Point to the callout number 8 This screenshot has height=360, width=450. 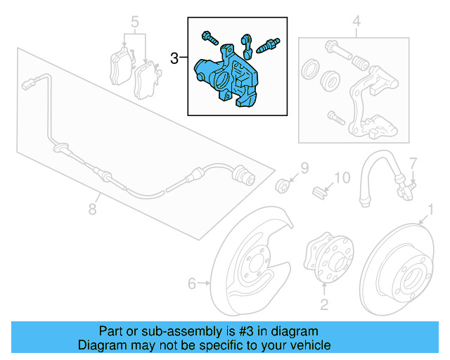92,208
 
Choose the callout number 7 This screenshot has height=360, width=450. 413,162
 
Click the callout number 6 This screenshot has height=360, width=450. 191,283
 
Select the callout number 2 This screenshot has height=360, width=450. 324,304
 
